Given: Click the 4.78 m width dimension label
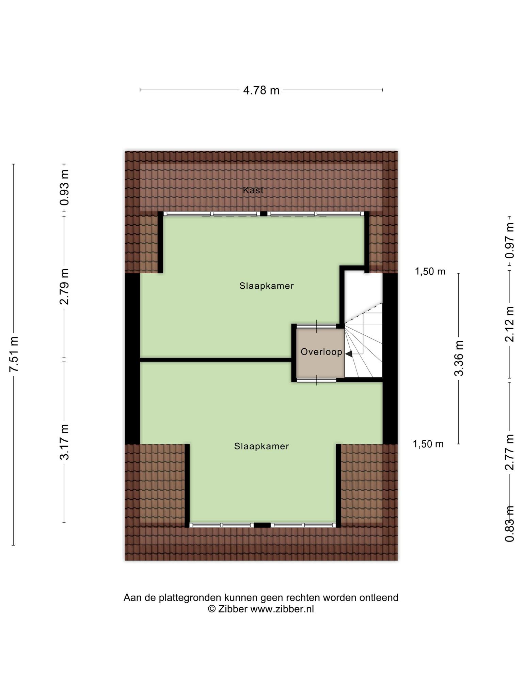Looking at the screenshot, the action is pos(261,90).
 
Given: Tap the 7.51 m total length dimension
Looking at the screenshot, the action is pos(14,354).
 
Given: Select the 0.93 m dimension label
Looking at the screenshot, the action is pos(64,187).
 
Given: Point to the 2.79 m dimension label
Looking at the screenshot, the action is pos(64,287).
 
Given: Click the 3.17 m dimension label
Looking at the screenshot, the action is pos(64,442).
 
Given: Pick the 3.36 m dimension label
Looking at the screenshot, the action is pos(459,358).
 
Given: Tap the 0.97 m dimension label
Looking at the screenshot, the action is pos(509,241).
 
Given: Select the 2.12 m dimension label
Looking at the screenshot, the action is pos(509,324).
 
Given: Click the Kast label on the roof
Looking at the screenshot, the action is pos(253,190).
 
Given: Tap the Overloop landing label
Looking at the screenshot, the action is pos(321,352).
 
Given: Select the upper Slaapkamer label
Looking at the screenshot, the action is pos(267,286).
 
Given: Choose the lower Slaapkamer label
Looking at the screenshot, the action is pos(261,446).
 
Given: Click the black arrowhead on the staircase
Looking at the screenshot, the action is pos(349,354).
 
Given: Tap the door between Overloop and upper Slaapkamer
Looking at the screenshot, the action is pos(316,326).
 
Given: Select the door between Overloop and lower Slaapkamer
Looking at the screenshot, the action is pos(316,380).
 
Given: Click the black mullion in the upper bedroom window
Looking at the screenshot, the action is pos(264,214).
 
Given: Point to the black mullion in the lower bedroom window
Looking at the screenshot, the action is pos(262,525).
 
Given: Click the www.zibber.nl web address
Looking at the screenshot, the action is pos(282,609).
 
